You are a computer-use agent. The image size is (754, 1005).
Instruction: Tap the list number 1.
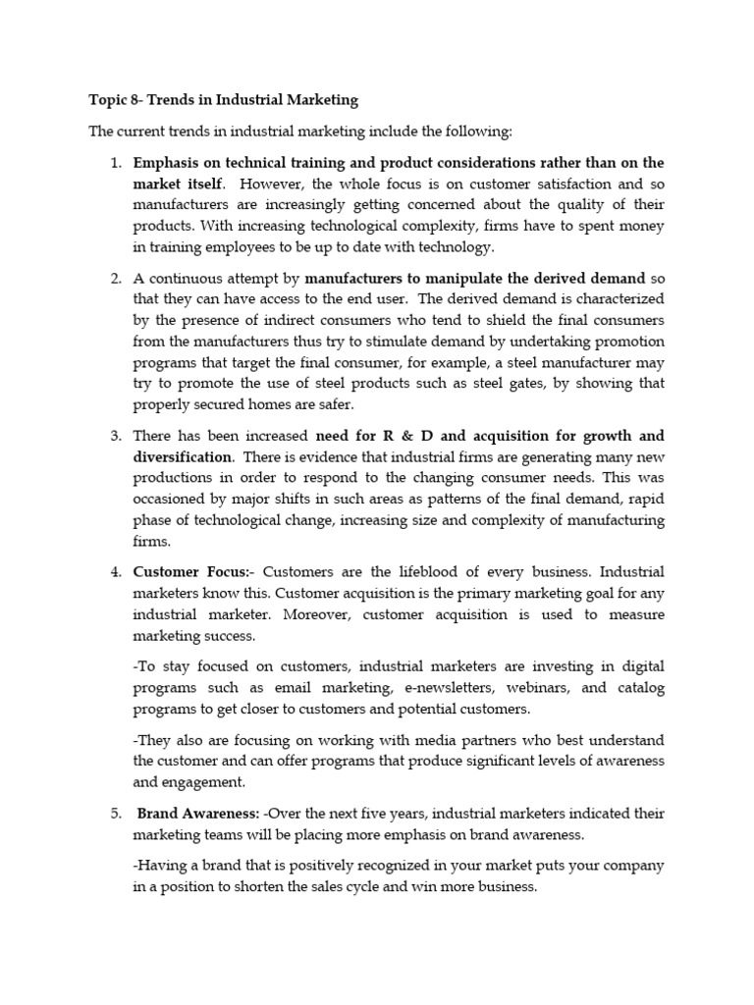(114, 163)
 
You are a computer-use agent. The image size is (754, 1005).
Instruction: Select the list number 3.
(114, 435)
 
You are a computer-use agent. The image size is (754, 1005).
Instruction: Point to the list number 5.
(114, 814)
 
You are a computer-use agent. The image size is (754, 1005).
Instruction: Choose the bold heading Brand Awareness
(198, 814)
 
